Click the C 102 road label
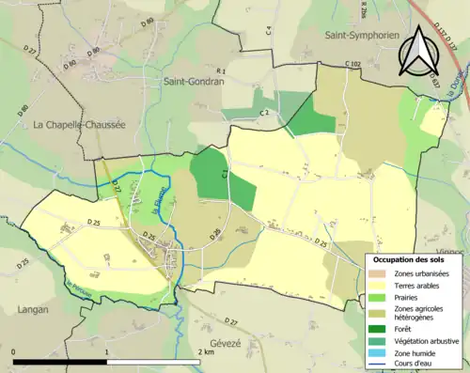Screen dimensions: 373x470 [352, 64]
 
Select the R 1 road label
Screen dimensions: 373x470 [222, 71]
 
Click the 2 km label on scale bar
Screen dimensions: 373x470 [207, 352]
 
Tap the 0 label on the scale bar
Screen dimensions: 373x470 [15, 352]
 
